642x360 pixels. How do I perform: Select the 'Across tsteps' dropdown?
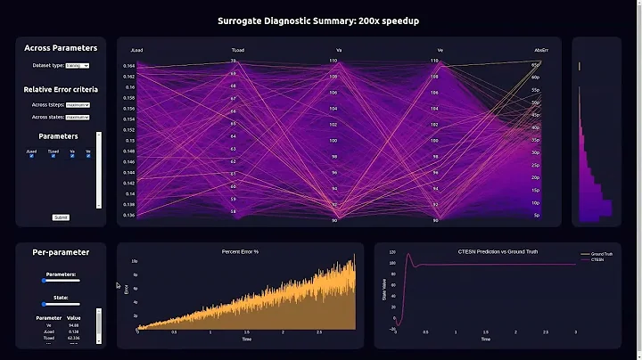(x=78, y=104)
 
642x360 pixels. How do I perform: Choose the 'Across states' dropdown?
(x=78, y=117)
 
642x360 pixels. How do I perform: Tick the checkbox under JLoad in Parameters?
(x=30, y=157)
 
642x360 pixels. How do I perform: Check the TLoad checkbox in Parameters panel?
(x=52, y=157)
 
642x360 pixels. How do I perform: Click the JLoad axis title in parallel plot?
(x=136, y=50)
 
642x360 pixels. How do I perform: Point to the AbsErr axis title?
(x=540, y=50)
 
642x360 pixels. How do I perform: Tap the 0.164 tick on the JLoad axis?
(x=129, y=65)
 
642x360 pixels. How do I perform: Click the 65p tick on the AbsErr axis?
(x=537, y=65)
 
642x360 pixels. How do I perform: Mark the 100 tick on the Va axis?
(x=333, y=140)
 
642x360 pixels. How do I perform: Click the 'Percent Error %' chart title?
(x=239, y=251)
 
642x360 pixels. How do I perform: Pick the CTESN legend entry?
(x=597, y=259)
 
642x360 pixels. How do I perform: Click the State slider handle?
(x=44, y=304)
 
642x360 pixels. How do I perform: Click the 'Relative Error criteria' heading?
(x=61, y=89)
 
